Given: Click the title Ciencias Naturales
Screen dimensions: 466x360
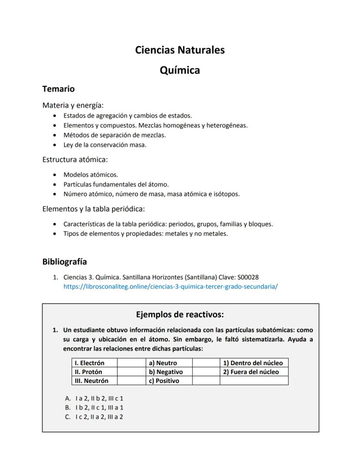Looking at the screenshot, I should click(x=180, y=50).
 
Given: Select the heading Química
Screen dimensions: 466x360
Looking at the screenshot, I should click(x=180, y=70).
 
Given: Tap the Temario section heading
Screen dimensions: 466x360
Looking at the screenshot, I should click(x=58, y=89).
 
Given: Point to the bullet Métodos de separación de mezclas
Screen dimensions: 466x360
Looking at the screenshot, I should click(x=114, y=135).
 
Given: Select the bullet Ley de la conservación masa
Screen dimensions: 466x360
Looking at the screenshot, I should click(x=105, y=145).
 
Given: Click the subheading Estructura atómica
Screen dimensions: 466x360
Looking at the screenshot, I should click(x=75, y=159).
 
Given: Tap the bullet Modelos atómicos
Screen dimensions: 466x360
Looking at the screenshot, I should click(x=90, y=174).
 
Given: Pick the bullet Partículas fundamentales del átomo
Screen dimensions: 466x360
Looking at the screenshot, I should click(x=116, y=184).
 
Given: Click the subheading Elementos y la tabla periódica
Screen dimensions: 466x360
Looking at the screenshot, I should click(x=93, y=209).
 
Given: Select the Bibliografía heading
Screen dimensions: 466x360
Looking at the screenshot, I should click(x=64, y=261).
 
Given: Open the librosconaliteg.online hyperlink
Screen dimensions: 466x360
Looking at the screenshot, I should click(x=170, y=286).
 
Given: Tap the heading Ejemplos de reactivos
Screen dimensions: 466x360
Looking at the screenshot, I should click(x=180, y=314).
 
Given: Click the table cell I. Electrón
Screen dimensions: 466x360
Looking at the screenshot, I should click(x=90, y=363).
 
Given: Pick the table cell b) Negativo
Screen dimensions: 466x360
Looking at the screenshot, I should click(x=166, y=372).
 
